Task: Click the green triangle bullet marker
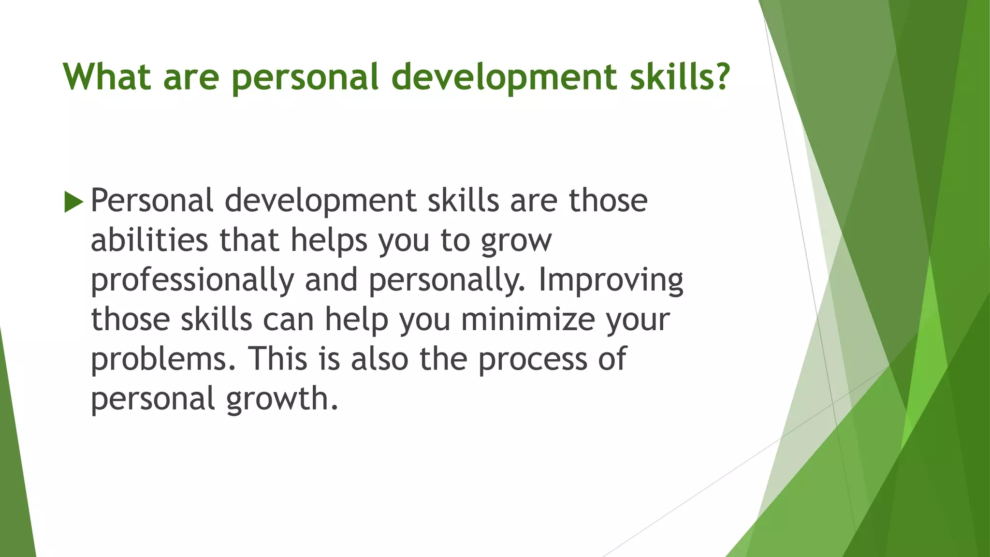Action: coord(73,201)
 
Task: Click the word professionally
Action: coord(192,280)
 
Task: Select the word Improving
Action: coord(611,280)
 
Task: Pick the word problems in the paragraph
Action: coord(163,360)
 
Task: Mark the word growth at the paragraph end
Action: coord(282,399)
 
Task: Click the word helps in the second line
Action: coord(329,241)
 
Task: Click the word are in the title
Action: coord(191,77)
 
